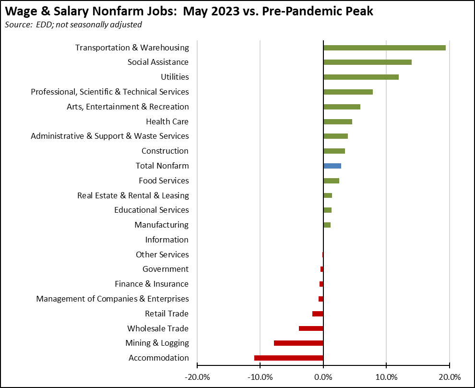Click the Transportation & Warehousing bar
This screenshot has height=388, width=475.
(384, 48)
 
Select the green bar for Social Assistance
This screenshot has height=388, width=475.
(368, 62)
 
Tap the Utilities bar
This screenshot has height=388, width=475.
(361, 77)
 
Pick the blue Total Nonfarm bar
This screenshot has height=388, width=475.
(332, 166)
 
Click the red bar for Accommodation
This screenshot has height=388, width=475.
(289, 358)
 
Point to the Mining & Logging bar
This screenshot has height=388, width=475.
(298, 343)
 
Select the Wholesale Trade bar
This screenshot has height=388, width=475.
(311, 328)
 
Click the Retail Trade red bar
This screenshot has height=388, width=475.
(318, 314)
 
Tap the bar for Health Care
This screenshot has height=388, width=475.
(338, 121)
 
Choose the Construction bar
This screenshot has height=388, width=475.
(334, 151)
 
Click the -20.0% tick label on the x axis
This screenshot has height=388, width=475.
(197, 376)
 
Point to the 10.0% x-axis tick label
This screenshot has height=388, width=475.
(386, 376)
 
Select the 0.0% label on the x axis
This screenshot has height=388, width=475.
(323, 376)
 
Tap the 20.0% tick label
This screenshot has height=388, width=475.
(450, 376)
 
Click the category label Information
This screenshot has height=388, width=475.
(167, 240)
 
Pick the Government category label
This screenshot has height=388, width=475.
(166, 269)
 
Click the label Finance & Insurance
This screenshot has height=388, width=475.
(152, 284)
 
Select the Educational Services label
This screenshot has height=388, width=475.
(152, 210)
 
